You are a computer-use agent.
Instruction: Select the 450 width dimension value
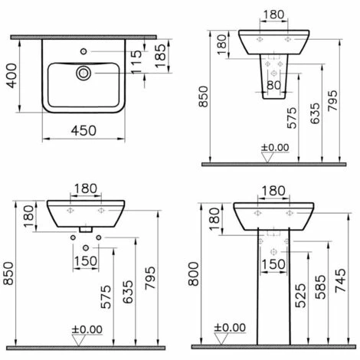(85, 131)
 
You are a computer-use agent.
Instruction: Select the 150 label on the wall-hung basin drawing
(87, 261)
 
